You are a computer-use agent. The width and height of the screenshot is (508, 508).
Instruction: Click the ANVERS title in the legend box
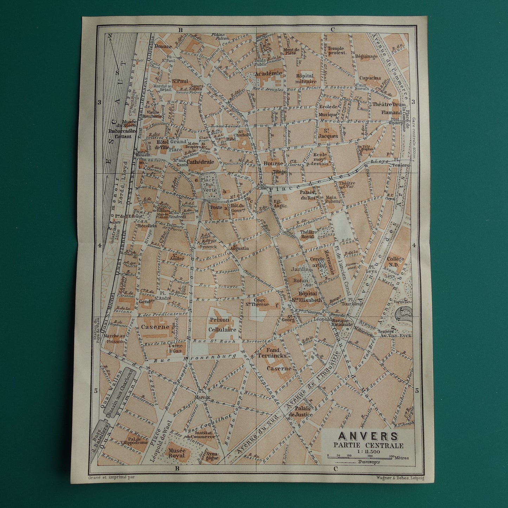368,436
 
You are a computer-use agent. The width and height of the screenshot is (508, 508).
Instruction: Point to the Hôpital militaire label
306,78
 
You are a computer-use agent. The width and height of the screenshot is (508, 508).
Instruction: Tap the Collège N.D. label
396,262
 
